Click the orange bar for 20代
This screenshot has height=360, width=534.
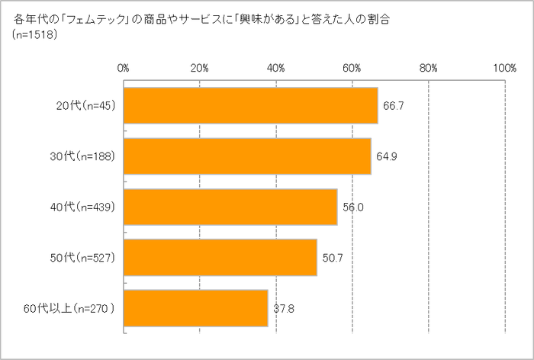pos(250,105)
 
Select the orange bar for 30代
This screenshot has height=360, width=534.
pos(246,156)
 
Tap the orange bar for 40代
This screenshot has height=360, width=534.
pos(230,207)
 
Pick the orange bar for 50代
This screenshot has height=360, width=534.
pos(220,258)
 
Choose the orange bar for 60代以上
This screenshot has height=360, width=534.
pos(195,308)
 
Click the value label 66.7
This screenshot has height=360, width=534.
pos(393,105)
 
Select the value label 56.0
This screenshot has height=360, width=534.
pos(352,207)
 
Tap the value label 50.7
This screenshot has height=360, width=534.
pos(332,258)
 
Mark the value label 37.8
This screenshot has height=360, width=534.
pos(283,309)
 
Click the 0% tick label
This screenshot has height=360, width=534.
pos(123,68)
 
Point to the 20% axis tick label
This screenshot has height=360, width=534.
pos(199,68)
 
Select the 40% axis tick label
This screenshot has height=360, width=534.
pos(275,68)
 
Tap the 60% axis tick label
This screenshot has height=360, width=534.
pos(352,68)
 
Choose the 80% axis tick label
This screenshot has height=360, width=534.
pos(428,68)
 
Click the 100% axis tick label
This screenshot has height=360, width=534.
pos(504,68)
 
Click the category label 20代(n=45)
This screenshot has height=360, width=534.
pos(85,105)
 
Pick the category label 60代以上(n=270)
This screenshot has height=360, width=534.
pos(79,309)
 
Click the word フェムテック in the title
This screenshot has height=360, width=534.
pos(91,17)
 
